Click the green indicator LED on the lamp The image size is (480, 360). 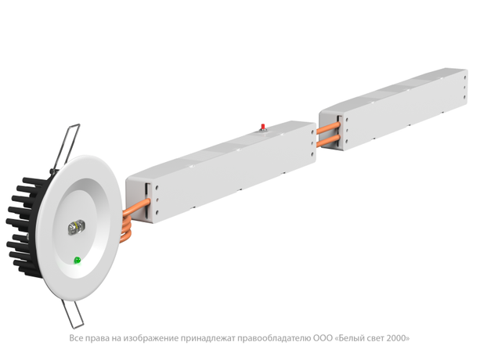[78, 261]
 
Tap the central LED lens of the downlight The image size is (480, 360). [76, 228]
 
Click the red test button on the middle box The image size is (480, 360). [262, 127]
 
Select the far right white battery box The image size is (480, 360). [393, 110]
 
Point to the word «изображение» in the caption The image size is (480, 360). [150, 339]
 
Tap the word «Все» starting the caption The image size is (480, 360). [76, 338]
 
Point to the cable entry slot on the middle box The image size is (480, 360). [148, 202]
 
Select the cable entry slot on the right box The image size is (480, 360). [340, 131]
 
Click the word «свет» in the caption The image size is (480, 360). [376, 338]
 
